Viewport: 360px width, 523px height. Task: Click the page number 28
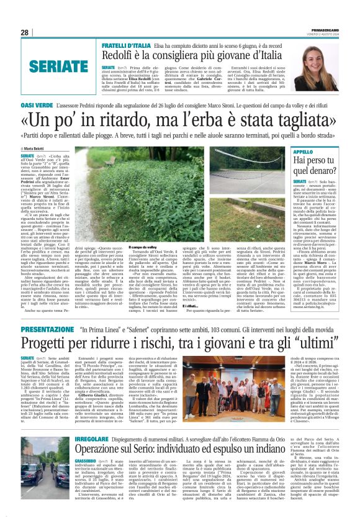(x=24, y=32)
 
